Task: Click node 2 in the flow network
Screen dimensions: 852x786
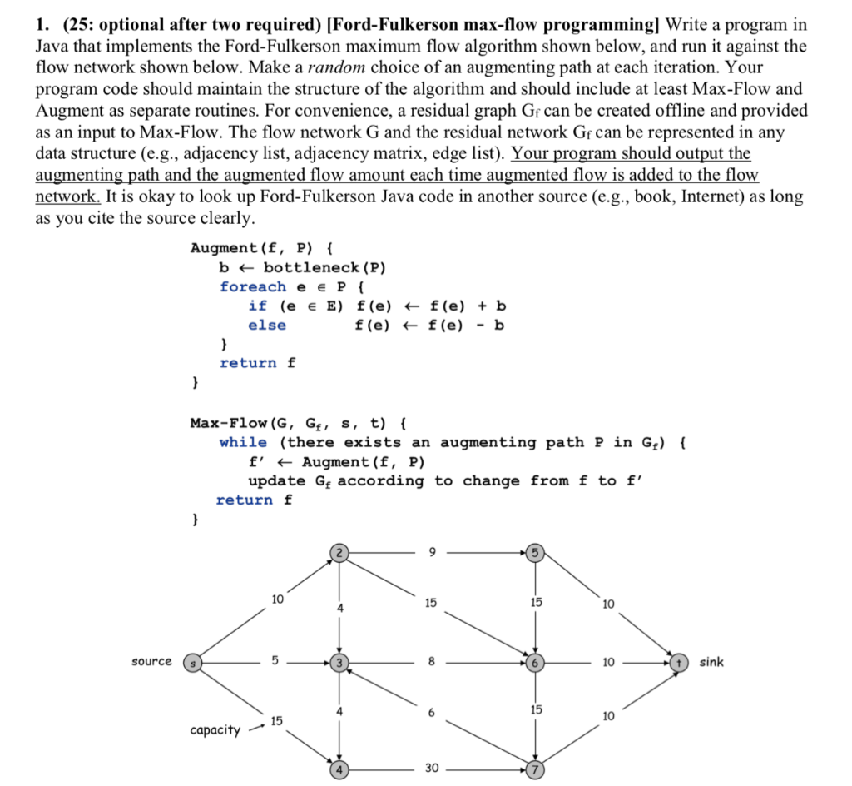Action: point(339,551)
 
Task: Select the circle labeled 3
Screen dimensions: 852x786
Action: point(339,663)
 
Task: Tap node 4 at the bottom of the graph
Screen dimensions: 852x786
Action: point(339,769)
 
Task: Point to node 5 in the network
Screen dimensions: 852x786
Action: point(535,551)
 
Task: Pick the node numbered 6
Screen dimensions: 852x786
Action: point(535,663)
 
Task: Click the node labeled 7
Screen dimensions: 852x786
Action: point(535,769)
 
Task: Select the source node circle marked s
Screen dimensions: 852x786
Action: point(192,663)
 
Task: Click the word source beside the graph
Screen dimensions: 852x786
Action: point(151,662)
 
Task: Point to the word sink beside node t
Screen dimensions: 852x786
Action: point(711,662)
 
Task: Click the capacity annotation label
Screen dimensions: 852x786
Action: point(215,730)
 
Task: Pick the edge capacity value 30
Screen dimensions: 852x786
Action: point(429,769)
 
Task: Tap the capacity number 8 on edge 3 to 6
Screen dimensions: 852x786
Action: point(429,663)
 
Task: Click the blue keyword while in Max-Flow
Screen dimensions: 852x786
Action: point(243,442)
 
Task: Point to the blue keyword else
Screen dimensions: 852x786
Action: point(266,325)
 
